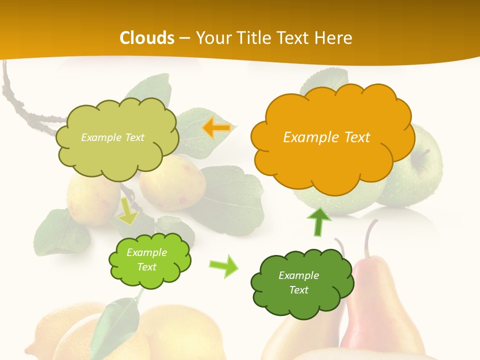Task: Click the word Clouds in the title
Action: [x=147, y=38]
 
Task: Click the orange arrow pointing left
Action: [x=216, y=128]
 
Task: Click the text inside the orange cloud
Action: [x=326, y=137]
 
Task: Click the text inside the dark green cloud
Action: [x=298, y=282]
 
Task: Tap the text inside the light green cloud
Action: [x=147, y=260]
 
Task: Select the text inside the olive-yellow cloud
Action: [x=112, y=137]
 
